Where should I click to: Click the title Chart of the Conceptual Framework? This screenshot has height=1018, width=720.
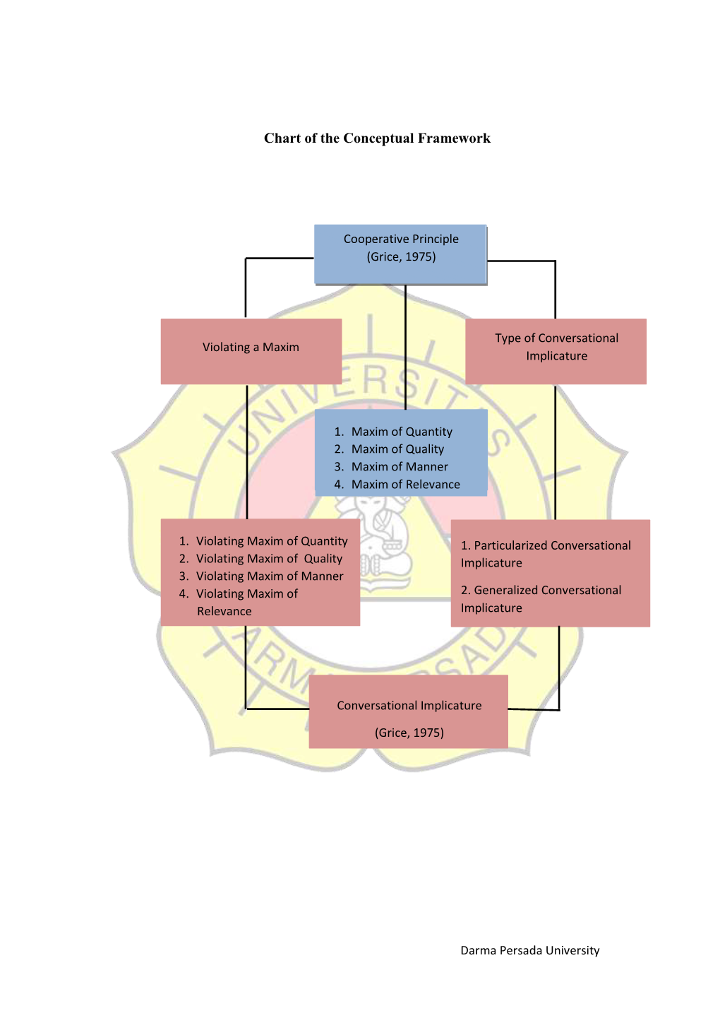pos(377,138)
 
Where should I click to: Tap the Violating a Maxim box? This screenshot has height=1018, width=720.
pos(251,351)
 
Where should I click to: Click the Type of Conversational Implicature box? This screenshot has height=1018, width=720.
pos(556,351)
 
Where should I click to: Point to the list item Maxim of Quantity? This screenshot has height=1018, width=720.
pos(401,432)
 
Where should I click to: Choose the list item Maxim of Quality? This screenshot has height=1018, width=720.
pos(397,449)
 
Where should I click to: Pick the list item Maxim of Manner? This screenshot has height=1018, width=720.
pos(400,467)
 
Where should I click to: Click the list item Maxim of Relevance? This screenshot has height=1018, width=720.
pos(405,485)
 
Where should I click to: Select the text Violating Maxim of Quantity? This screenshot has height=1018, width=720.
pos(271,541)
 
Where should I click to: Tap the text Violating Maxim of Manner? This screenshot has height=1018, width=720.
pos(269,576)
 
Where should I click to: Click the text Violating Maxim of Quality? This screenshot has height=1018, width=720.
pos(269,559)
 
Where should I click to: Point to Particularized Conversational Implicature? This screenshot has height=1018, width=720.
pos(546,554)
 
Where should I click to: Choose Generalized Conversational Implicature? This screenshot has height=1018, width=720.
pos(541,599)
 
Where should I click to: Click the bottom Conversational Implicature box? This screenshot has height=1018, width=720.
pos(409,711)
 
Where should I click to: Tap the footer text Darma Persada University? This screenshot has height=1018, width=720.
pos(529,951)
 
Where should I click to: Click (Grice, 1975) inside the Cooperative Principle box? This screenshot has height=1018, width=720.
pos(401,257)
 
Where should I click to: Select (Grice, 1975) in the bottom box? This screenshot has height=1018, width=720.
pos(409,733)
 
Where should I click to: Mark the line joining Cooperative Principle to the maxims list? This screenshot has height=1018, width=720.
pos(405,346)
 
